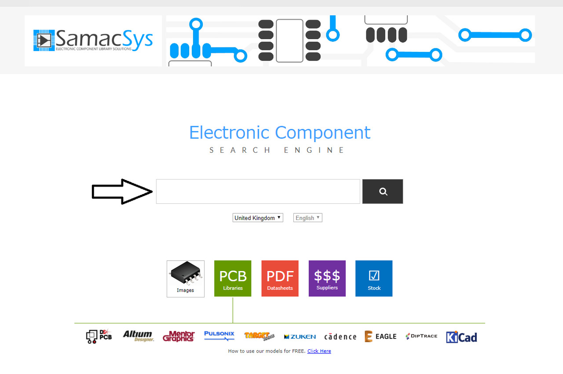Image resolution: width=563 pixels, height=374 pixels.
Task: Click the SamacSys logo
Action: (x=93, y=40)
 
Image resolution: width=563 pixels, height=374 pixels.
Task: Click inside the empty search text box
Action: (x=258, y=191)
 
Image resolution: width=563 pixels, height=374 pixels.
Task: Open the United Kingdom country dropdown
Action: (x=258, y=218)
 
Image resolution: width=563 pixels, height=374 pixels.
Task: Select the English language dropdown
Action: (x=308, y=218)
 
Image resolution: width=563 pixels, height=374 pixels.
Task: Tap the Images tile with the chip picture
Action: (x=186, y=279)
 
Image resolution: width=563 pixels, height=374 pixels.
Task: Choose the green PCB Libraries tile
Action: (x=233, y=279)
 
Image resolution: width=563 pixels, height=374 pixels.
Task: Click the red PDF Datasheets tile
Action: (x=280, y=279)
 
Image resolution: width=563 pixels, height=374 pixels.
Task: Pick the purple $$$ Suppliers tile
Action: (x=327, y=279)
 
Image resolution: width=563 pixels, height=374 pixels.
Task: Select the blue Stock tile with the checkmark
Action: (x=374, y=279)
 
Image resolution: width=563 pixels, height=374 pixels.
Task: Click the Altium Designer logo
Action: (x=138, y=337)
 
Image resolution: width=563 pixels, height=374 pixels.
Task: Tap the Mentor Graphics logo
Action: (x=179, y=337)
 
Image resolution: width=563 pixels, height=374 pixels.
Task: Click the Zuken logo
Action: (x=300, y=337)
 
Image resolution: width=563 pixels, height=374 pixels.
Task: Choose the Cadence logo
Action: (x=340, y=337)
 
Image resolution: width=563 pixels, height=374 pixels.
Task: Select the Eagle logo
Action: (x=380, y=337)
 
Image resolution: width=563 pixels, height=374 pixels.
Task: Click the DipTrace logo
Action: (x=421, y=336)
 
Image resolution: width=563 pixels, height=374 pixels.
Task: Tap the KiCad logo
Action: (x=461, y=337)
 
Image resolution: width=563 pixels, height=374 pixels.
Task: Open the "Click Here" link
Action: (x=319, y=351)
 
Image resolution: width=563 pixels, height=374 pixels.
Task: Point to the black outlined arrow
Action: (x=122, y=191)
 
